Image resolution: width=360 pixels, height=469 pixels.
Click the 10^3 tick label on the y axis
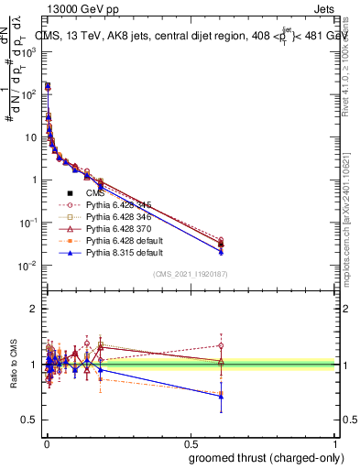(29, 52)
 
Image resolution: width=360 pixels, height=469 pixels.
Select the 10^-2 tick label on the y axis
(29, 266)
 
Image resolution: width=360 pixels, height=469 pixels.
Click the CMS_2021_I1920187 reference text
(190, 274)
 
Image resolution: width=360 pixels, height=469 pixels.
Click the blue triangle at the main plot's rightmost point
(220, 251)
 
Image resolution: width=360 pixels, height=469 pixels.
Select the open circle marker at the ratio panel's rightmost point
(220, 345)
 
